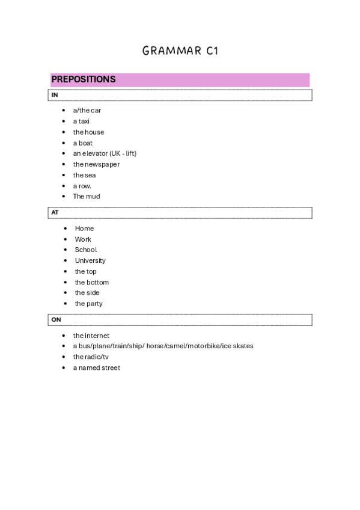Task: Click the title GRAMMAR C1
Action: (180, 51)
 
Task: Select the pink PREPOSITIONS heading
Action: (84, 79)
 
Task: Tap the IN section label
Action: (55, 95)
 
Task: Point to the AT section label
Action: (55, 213)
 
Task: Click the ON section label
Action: (56, 320)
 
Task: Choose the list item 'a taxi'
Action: (81, 121)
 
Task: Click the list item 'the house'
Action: (88, 132)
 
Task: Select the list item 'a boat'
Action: (83, 143)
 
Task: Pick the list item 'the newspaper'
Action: (96, 164)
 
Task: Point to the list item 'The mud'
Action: (87, 197)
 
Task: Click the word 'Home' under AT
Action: (84, 229)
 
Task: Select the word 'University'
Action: (90, 261)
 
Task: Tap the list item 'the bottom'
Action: (92, 283)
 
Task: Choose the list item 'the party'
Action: (88, 304)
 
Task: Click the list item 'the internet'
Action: (91, 336)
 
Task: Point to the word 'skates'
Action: (243, 346)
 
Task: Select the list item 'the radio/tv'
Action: (91, 357)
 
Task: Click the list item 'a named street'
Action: (97, 368)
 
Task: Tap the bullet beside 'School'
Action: (66, 250)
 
